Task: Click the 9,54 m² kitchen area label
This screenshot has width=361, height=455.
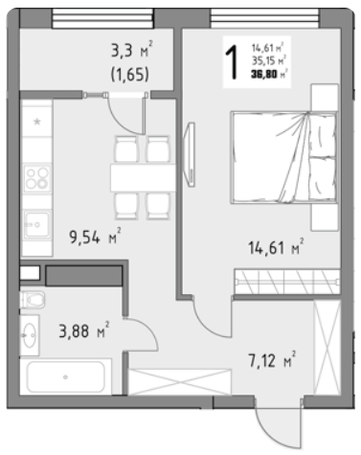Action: [x=95, y=237]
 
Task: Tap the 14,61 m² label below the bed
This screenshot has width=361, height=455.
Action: [x=276, y=247]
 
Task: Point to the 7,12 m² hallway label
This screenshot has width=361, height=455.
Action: [x=272, y=360]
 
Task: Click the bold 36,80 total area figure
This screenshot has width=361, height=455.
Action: [x=264, y=75]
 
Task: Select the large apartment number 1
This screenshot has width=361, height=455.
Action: [x=233, y=61]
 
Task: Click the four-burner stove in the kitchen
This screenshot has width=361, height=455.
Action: [x=37, y=178]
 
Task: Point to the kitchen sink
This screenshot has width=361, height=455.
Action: [x=37, y=225]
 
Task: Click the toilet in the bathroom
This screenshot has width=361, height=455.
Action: [x=33, y=300]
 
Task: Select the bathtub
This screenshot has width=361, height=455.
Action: [x=66, y=376]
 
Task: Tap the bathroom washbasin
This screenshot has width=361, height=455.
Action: [x=30, y=335]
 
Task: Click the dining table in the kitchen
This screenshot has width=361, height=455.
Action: [x=143, y=178]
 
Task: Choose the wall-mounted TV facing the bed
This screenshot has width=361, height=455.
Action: [x=191, y=154]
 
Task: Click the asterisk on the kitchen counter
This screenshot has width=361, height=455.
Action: [x=37, y=122]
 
